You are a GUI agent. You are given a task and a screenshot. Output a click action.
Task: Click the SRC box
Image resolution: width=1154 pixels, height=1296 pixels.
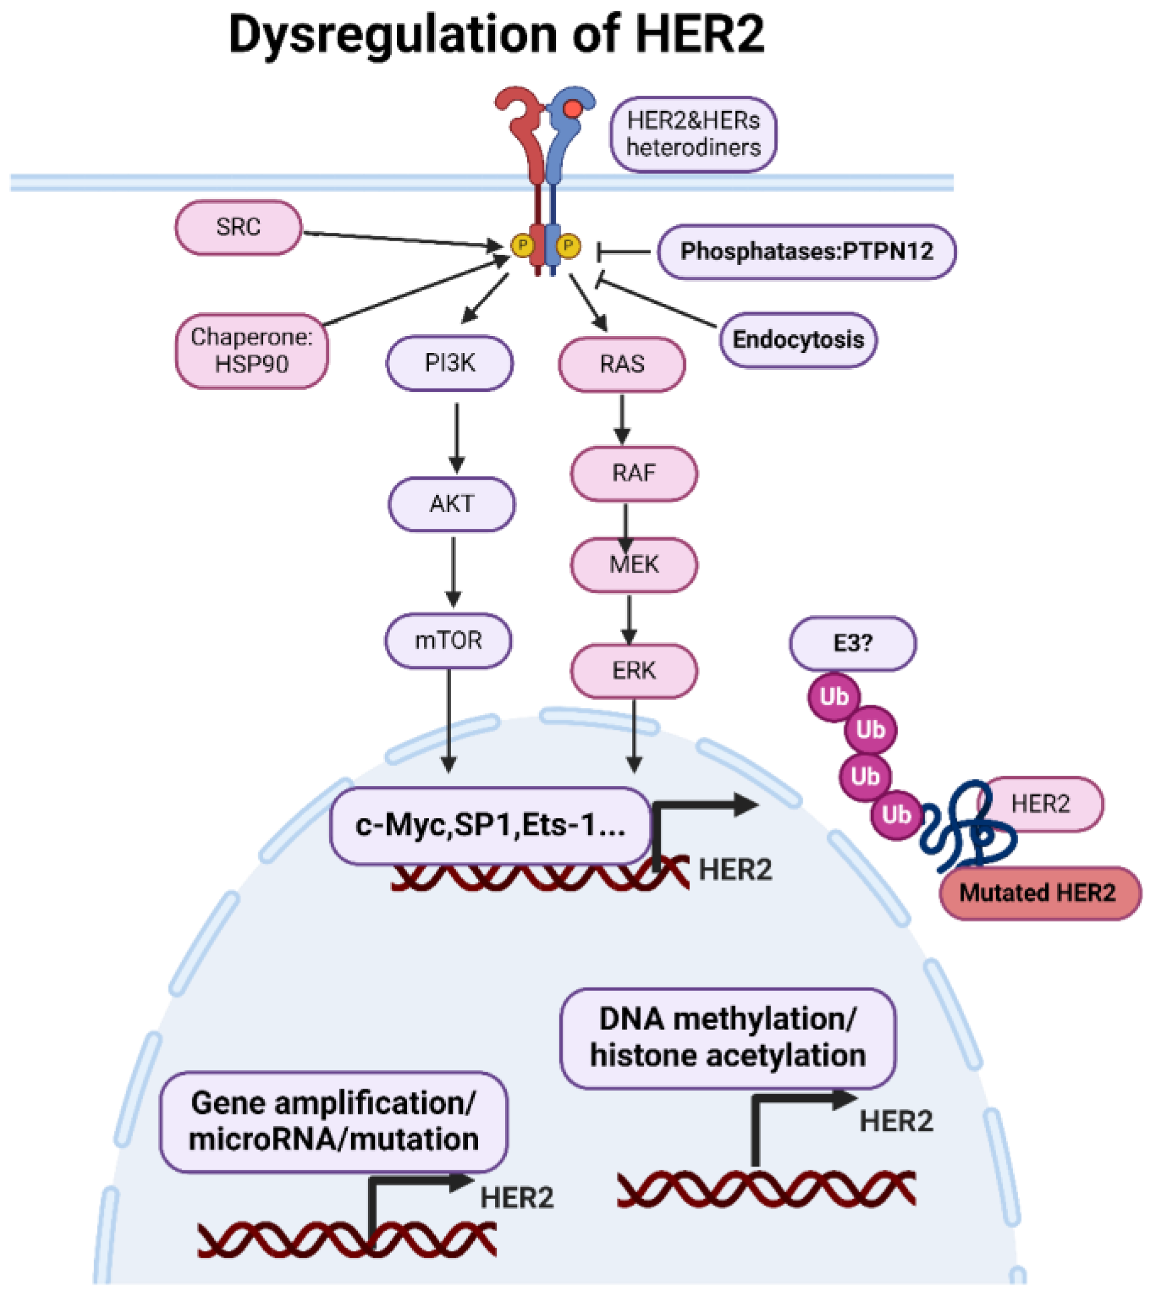pos(238,227)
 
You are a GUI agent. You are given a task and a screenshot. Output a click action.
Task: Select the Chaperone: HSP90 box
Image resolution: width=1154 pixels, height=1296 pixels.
pos(252,351)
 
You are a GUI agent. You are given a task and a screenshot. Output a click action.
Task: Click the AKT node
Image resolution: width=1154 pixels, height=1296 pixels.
pos(452,504)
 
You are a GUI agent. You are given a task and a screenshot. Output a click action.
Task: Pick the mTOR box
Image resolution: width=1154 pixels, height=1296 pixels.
pos(448,640)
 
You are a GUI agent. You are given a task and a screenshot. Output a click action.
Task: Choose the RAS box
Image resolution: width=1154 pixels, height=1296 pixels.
pos(621,365)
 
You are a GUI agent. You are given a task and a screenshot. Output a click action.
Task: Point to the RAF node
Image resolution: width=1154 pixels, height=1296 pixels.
pos(634,474)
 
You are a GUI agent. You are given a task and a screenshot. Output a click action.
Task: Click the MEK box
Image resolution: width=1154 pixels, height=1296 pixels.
pos(634,564)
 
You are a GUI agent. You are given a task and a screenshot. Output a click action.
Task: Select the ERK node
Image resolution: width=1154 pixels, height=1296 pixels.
pos(634,671)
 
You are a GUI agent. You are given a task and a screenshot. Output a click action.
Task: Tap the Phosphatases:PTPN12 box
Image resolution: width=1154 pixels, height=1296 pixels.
pos(807,252)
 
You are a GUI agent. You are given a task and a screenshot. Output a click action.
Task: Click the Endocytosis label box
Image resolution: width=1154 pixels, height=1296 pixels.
pos(798,340)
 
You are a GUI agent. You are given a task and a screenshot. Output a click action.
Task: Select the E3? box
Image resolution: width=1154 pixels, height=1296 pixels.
pos(852,644)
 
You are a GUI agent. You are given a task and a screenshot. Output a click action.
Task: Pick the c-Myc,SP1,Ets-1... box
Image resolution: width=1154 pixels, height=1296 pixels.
pos(490,825)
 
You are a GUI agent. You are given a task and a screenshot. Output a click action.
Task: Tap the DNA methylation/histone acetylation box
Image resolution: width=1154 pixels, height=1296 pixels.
pos(727,1038)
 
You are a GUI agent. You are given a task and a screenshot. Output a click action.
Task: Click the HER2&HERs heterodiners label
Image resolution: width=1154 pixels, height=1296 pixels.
pos(693,134)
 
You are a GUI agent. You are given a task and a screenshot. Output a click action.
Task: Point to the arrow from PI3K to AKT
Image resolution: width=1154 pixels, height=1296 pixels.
pos(457,437)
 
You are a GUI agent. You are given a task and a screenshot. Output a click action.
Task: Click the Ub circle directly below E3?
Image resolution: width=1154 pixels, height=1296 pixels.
pos(833,697)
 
